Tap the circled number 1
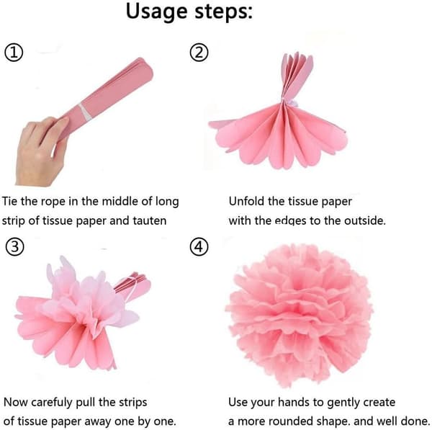[14, 53]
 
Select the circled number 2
[199, 53]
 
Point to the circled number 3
[14, 247]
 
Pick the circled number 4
[199, 247]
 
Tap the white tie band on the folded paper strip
[85, 112]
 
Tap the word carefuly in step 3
[52, 403]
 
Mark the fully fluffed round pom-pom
[299, 314]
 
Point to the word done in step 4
[415, 421]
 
